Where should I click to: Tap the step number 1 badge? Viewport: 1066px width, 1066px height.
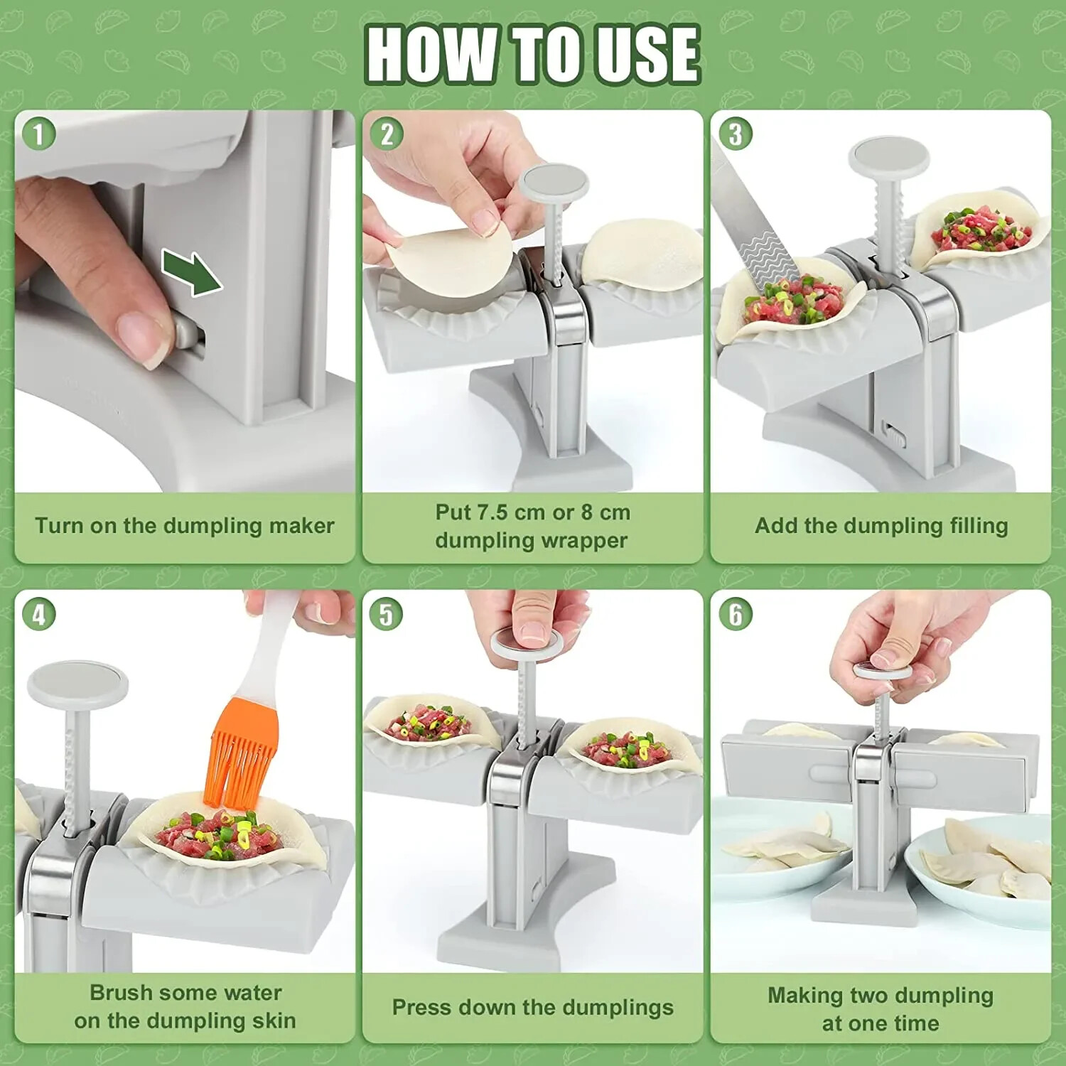38,134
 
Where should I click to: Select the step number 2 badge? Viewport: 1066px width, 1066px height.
387,134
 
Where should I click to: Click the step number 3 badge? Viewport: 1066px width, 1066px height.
735,134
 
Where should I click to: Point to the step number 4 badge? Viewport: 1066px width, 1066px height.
38,614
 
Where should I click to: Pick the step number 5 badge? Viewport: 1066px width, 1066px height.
387,614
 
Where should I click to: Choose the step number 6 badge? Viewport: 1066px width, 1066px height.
735,614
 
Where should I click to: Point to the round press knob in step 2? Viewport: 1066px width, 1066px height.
554,183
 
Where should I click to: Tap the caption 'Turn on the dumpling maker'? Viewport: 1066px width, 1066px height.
184,526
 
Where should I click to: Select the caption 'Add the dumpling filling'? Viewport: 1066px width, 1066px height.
881,526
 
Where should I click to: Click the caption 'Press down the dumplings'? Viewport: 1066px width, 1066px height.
532,1007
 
